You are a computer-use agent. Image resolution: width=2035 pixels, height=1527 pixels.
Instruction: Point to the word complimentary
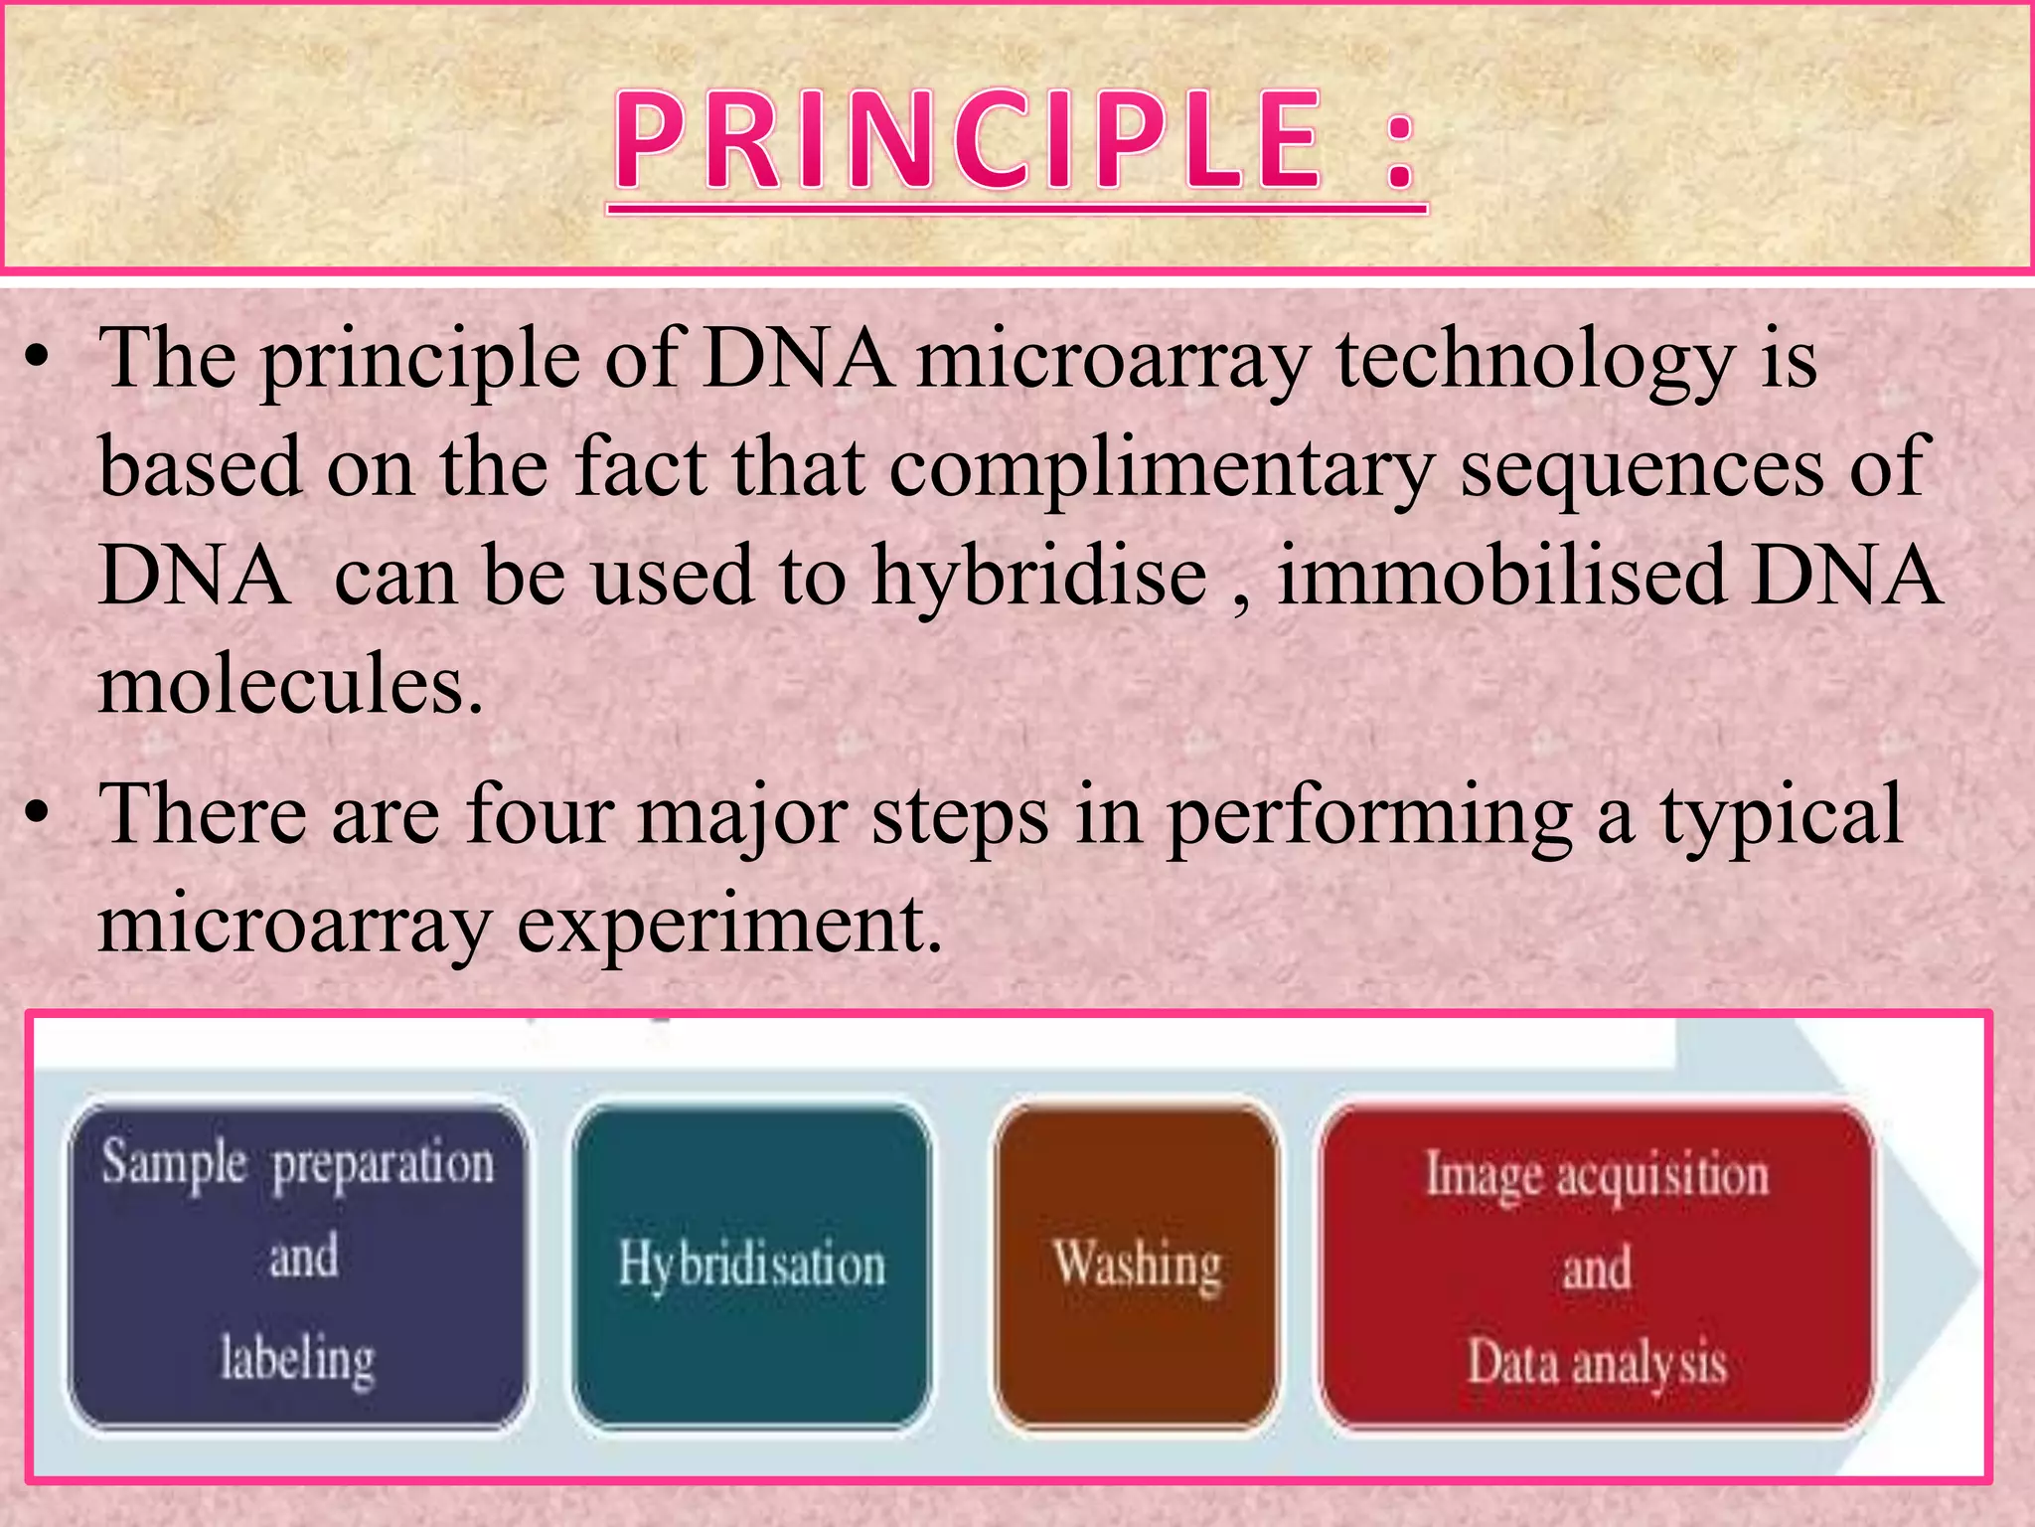1162,469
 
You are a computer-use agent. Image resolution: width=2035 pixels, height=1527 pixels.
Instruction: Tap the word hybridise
1038,579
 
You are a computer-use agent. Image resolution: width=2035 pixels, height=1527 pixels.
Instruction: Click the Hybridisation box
752,1266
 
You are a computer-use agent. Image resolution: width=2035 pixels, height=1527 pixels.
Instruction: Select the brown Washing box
1137,1266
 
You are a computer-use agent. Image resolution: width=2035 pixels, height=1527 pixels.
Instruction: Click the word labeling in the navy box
297,1360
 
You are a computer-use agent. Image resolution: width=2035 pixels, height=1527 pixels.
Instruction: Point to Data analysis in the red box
1597,1363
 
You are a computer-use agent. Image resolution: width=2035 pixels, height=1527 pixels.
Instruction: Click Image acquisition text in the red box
1597,1175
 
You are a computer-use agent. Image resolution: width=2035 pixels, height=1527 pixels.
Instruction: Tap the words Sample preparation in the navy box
297,1163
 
